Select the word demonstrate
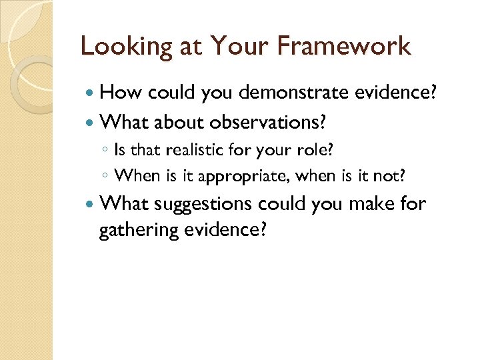pos(291,93)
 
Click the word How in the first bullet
pos(121,93)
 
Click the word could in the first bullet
pos(170,93)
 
